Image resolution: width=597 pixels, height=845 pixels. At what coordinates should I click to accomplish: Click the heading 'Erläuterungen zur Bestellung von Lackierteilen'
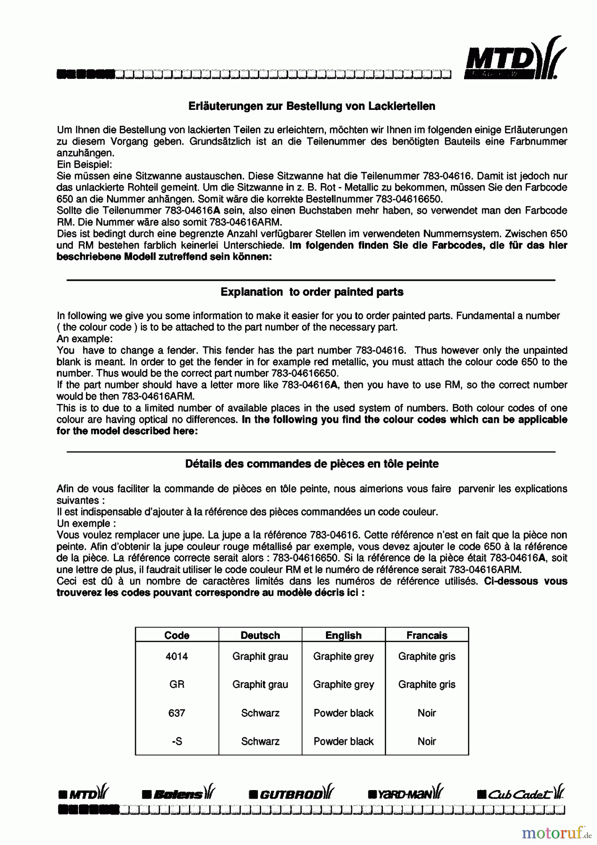click(311, 106)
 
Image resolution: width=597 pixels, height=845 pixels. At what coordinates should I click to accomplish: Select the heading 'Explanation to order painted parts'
click(312, 292)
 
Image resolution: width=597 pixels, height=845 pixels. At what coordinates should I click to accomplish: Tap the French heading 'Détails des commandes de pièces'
click(312, 464)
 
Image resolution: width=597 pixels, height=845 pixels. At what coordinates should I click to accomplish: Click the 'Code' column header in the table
click(177, 635)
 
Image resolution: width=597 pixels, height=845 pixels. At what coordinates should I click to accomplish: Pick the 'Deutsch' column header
click(260, 635)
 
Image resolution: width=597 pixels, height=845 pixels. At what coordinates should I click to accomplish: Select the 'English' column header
click(343, 635)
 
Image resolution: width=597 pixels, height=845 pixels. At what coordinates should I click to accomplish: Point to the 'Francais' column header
click(426, 635)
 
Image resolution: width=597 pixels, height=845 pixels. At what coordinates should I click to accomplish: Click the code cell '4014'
click(177, 656)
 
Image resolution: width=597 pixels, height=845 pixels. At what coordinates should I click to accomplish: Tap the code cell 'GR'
click(177, 684)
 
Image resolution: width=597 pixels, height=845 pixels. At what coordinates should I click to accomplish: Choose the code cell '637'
click(177, 713)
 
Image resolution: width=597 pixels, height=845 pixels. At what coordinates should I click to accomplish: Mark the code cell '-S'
click(177, 741)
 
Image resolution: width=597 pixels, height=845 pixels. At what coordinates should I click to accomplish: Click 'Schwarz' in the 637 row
click(260, 713)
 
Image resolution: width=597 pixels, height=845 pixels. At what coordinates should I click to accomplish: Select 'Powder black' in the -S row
click(343, 741)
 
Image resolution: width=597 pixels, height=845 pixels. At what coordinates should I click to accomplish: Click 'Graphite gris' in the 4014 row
click(426, 656)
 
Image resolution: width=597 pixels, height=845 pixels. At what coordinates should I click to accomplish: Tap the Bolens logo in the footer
click(179, 794)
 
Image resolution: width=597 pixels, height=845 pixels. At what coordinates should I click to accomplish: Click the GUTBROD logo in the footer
click(292, 794)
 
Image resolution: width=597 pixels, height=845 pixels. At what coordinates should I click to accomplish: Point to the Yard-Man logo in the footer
click(405, 794)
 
